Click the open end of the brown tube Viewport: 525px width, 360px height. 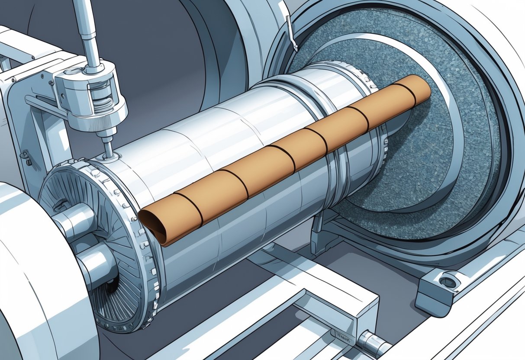point(152,225)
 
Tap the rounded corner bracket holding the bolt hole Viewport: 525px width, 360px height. point(437,288)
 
